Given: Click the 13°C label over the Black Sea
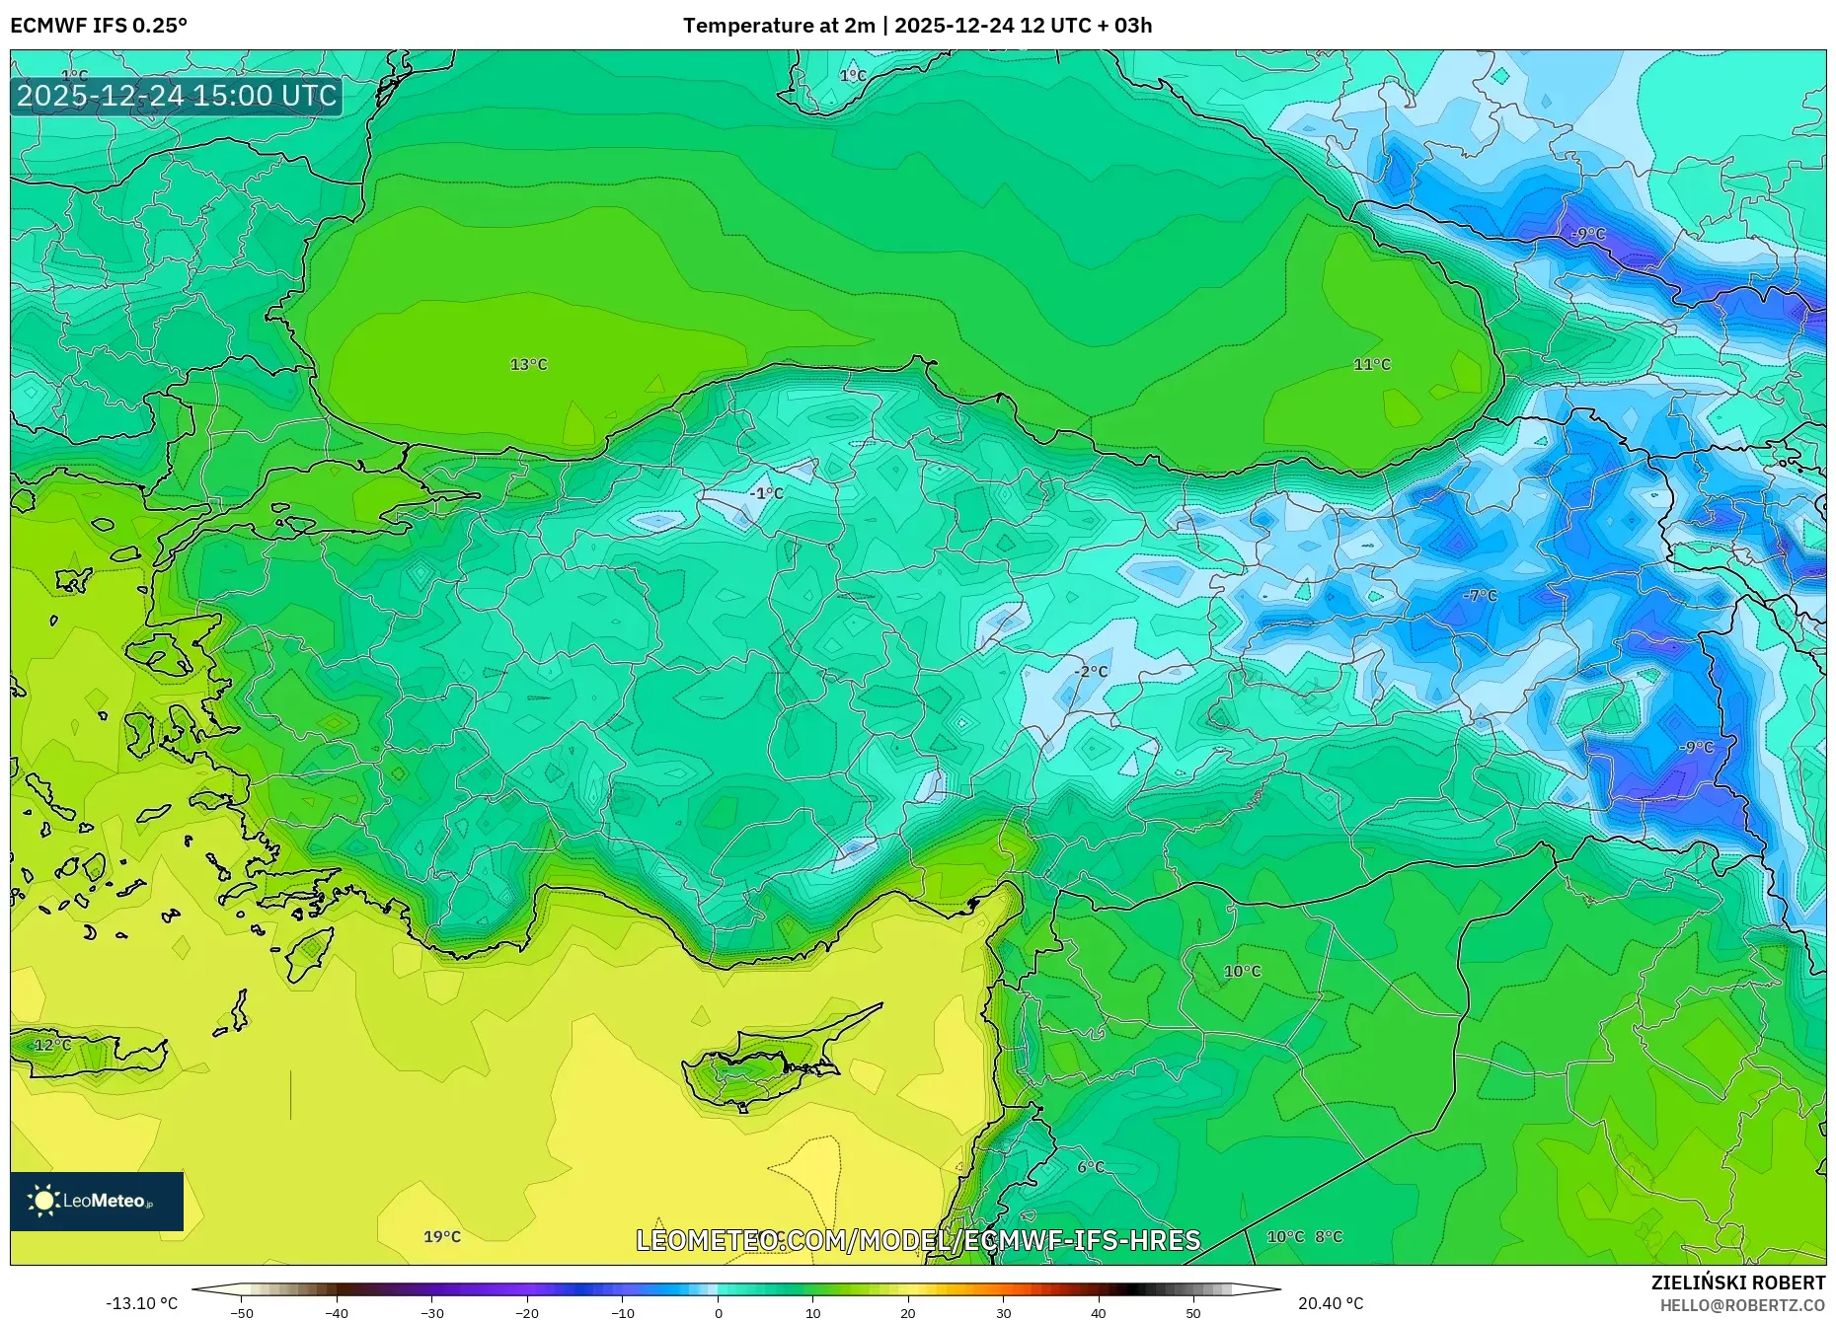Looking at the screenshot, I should tap(528, 364).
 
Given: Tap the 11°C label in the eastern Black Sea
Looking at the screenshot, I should tap(1371, 364).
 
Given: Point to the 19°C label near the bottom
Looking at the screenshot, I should tap(441, 1236).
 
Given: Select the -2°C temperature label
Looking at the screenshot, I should tap(1091, 671).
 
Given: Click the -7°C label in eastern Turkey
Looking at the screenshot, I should tap(1480, 595).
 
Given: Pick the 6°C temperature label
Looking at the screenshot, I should tap(1090, 1167).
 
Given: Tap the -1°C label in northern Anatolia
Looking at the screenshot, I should tap(765, 492).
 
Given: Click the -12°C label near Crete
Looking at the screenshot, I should tap(49, 1044).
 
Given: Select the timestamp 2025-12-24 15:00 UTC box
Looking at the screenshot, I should tap(177, 96).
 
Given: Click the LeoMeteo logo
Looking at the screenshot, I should tap(97, 1201).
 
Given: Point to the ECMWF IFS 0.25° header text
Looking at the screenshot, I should tap(99, 25).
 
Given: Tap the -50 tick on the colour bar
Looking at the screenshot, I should tap(242, 1312).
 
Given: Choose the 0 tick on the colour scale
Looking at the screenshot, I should tap(718, 1312).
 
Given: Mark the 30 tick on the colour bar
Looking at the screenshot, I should tap(1003, 1312).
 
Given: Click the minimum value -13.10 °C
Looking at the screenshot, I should tap(141, 1303).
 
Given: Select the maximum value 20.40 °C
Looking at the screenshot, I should tap(1330, 1303).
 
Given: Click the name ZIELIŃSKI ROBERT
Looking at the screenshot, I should tap(1737, 1283).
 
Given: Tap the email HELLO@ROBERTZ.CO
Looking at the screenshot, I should tap(1742, 1305).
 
